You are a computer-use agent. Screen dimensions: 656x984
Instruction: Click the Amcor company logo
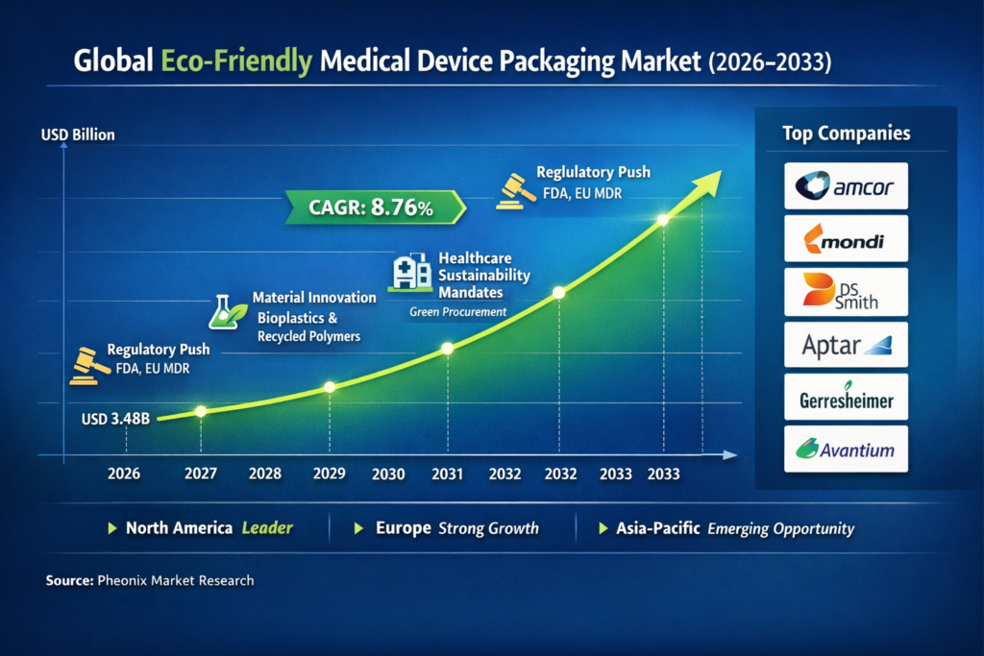(846, 186)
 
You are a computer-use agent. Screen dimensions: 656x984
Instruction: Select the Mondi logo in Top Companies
(846, 239)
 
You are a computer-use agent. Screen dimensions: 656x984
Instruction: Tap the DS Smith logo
(846, 292)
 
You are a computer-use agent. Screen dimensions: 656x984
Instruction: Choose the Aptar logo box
(846, 345)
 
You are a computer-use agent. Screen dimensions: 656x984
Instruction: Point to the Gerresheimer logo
(846, 397)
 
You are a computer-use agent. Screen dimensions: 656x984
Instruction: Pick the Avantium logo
(846, 449)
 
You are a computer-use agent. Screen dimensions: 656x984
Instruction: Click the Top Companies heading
(846, 134)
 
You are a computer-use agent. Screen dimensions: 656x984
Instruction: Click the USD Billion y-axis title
(78, 134)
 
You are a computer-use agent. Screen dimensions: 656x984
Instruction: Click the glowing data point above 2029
(330, 387)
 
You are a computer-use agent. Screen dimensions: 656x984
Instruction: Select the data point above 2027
(201, 411)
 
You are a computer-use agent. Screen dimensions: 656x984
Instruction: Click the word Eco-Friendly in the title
(236, 63)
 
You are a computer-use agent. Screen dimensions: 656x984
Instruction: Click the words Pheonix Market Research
(175, 581)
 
